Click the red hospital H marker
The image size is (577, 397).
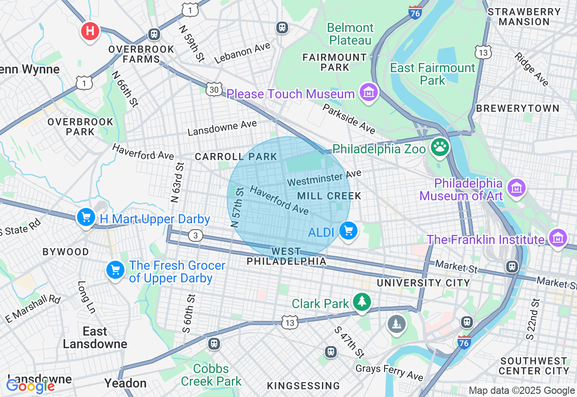(x=90, y=31)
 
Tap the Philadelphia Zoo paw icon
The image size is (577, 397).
(x=440, y=147)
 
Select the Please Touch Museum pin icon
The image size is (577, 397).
(x=369, y=92)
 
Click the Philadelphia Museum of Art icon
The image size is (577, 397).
(x=517, y=187)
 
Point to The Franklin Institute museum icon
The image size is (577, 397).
(x=558, y=238)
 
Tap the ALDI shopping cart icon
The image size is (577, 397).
(x=348, y=231)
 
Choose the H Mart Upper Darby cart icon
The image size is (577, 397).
(x=86, y=217)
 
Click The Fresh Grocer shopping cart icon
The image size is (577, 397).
(x=115, y=270)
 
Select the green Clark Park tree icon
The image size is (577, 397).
(x=361, y=302)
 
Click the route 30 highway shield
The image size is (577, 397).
(x=215, y=89)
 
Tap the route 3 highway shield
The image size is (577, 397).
(x=196, y=235)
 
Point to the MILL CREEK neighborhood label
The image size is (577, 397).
(x=329, y=196)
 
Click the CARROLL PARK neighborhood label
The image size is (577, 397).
(x=236, y=157)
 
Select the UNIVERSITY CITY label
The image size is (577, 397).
(x=423, y=283)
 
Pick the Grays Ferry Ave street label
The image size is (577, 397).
(x=389, y=372)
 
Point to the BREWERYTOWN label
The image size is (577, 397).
(x=517, y=109)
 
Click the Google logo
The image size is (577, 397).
(x=30, y=386)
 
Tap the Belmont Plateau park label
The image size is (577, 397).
(x=350, y=34)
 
